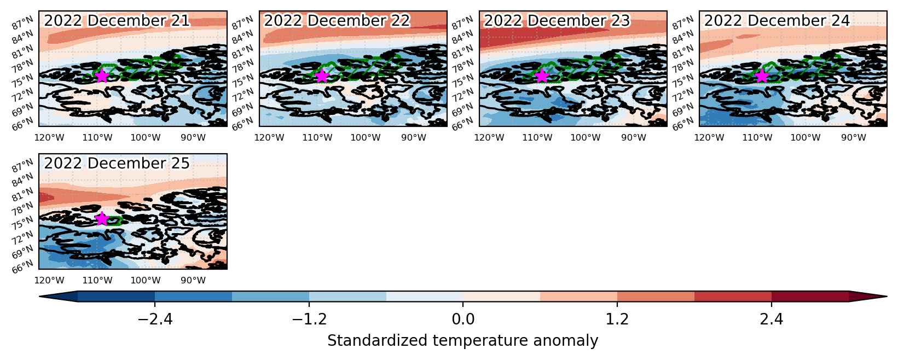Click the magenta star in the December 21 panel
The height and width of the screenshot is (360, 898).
(102, 76)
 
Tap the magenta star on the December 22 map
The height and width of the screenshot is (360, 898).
(322, 76)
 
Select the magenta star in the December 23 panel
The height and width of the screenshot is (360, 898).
(542, 76)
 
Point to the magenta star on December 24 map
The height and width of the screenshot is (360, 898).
(762, 76)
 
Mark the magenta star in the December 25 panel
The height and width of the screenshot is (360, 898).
(102, 218)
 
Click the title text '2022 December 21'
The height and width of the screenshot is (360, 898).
(117, 20)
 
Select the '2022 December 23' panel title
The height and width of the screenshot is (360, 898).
(557, 20)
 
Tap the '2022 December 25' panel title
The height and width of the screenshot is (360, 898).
(117, 163)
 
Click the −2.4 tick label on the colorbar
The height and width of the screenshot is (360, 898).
(155, 319)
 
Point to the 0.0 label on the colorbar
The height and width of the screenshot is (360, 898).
(463, 319)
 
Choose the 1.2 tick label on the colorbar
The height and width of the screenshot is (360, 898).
(617, 319)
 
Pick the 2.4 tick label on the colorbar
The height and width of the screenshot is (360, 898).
(772, 319)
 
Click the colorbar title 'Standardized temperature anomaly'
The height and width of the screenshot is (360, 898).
(462, 341)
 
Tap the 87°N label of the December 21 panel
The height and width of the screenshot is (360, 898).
(22, 22)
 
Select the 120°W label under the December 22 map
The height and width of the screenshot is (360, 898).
(269, 137)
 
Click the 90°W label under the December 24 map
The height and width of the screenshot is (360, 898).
(854, 137)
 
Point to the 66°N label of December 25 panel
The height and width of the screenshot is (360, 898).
(22, 266)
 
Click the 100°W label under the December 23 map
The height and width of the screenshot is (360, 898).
(586, 137)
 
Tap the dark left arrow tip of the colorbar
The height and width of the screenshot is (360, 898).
(40, 296)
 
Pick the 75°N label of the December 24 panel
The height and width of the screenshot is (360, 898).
(683, 80)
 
